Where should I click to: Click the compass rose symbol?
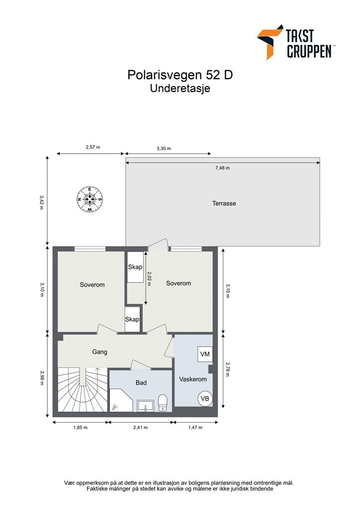(90, 199)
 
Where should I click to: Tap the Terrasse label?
(224, 203)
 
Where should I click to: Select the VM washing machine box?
(205, 354)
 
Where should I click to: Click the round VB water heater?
(205, 399)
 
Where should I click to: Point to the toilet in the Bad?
(163, 403)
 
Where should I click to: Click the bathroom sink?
(146, 406)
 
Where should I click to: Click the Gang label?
(100, 352)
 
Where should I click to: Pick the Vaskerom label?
(192, 379)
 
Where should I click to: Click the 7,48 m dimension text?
(222, 168)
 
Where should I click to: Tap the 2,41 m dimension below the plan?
(140, 427)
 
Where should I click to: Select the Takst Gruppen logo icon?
(270, 41)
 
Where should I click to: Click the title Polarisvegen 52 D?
(180, 75)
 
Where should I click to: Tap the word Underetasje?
(180, 89)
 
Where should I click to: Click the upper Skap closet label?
(135, 267)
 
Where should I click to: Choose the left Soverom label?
(92, 285)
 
